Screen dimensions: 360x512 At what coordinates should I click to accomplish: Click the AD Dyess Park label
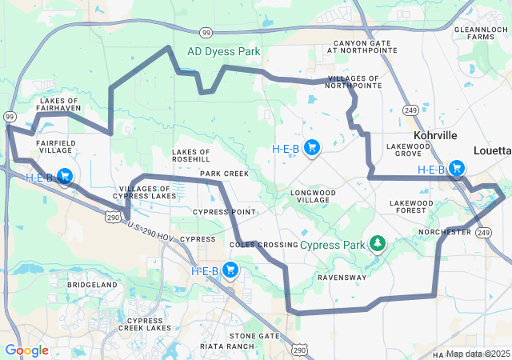(223, 51)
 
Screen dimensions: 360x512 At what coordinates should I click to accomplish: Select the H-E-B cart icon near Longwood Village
(313, 147)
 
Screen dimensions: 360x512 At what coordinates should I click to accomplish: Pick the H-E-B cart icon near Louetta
(456, 168)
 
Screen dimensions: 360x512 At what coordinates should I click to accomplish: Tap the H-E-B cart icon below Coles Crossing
(231, 270)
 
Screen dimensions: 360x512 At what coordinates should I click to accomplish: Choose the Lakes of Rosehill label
(191, 155)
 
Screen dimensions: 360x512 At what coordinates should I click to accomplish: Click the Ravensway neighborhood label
(342, 278)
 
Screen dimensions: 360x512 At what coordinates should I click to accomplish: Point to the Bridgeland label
(92, 285)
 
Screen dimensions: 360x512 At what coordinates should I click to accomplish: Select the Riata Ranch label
(228, 346)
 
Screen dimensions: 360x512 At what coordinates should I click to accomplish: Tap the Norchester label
(445, 232)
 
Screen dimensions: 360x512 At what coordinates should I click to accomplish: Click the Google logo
(27, 350)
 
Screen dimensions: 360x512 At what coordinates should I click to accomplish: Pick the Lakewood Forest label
(411, 208)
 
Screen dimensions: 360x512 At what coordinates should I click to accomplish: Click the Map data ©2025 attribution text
(477, 354)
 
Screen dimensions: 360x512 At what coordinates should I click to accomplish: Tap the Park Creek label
(224, 174)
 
